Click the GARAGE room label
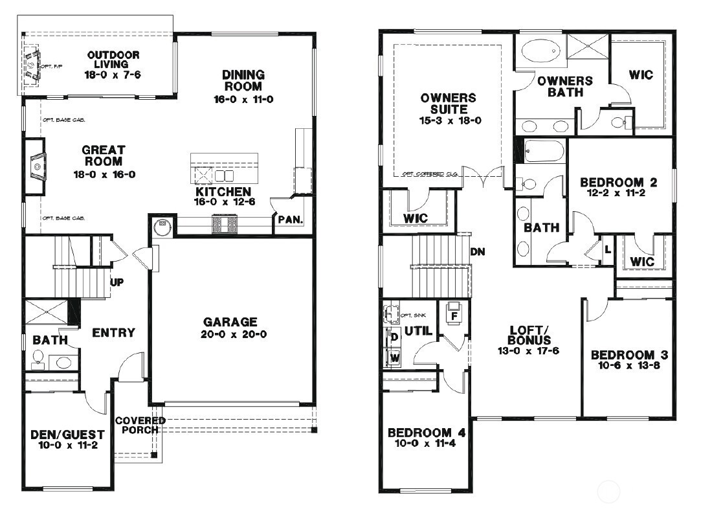tap(230, 322)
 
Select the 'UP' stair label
tap(117, 283)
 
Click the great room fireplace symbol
tap(36, 166)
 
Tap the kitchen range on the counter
tap(225, 225)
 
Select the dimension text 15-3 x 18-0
tap(449, 120)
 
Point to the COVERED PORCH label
tap(140, 426)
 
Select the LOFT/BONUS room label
tap(529, 335)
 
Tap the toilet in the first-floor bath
tap(38, 359)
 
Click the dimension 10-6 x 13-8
tap(629, 367)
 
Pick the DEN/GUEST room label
tap(64, 435)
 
